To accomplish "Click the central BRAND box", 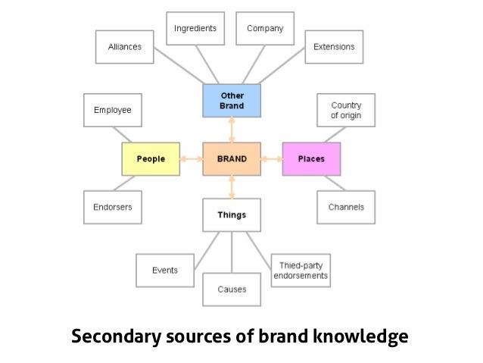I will pos(232,159).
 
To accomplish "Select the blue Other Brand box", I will pos(232,101).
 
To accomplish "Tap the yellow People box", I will pos(151,159).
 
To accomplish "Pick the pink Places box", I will pos(311,159).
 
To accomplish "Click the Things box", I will pos(232,214).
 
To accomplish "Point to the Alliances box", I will pos(125,47).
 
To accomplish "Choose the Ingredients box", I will pos(195,29).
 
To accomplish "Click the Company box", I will pos(265,29).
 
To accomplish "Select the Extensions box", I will pos(334,47).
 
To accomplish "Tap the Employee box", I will pos(113,111).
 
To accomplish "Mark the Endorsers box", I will pos(113,207).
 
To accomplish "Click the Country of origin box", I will pos(346,111).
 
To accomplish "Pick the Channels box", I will pos(346,207).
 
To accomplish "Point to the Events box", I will pos(165,271).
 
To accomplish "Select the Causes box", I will pos(232,289).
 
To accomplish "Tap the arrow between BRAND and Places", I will pos(271,159).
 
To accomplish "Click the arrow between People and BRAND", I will pos(191,159).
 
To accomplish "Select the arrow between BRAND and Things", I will pos(232,187).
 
